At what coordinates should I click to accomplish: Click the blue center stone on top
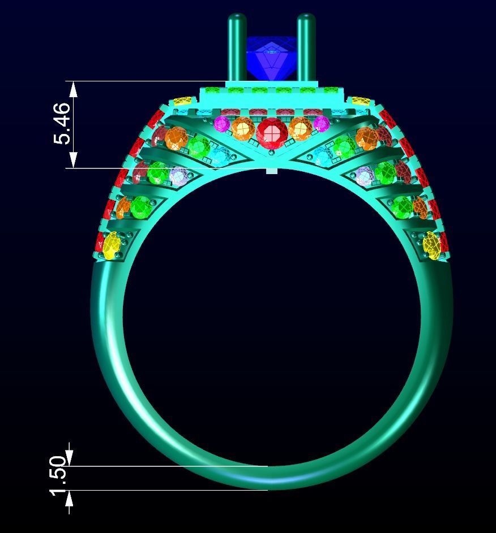pyautogui.click(x=271, y=59)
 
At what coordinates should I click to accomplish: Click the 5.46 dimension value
pyautogui.click(x=62, y=123)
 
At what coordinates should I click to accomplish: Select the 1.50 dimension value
pyautogui.click(x=59, y=476)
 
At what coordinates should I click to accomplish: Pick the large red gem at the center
pyautogui.click(x=272, y=133)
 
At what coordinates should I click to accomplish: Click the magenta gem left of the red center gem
pyautogui.click(x=221, y=124)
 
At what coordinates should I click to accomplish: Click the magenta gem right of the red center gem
pyautogui.click(x=321, y=124)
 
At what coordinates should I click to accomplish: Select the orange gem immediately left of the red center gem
pyautogui.click(x=242, y=129)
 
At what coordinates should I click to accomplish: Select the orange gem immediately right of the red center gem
pyautogui.click(x=300, y=129)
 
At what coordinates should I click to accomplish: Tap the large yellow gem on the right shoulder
pyautogui.click(x=431, y=246)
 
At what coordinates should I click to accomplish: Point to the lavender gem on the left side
pyautogui.click(x=179, y=176)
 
